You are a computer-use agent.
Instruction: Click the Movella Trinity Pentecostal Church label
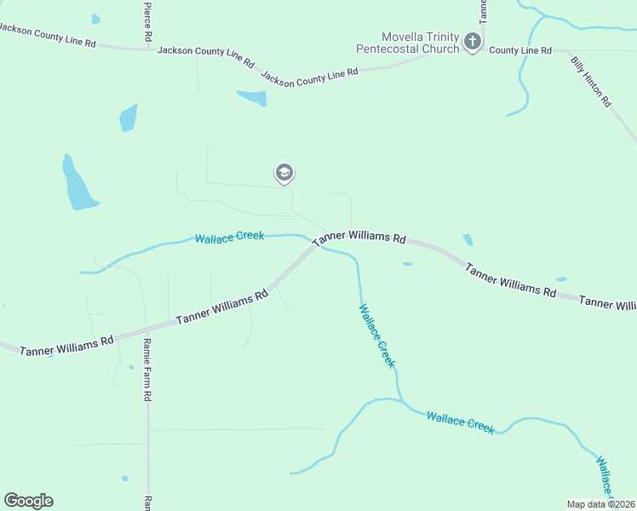pyautogui.click(x=420, y=43)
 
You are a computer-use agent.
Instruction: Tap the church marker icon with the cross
pyautogui.click(x=473, y=40)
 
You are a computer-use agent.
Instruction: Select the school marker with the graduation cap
pyautogui.click(x=284, y=174)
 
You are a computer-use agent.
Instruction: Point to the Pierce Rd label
pyautogui.click(x=147, y=22)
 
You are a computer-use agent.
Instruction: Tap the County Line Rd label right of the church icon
pyautogui.click(x=520, y=51)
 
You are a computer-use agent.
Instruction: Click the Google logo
pyautogui.click(x=28, y=501)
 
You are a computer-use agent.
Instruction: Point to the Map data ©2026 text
pyautogui.click(x=600, y=504)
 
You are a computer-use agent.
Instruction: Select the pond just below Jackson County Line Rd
pyautogui.click(x=253, y=98)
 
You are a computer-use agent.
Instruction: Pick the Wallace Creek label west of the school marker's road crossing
pyautogui.click(x=229, y=237)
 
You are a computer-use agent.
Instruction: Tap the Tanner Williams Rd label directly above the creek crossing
pyautogui.click(x=359, y=239)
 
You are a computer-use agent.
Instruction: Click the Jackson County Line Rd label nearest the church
pyautogui.click(x=309, y=76)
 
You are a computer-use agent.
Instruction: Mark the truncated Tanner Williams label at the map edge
pyautogui.click(x=607, y=303)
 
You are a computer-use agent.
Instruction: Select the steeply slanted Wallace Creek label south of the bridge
pyautogui.click(x=376, y=336)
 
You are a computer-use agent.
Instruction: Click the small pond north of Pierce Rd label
pyautogui.click(x=95, y=19)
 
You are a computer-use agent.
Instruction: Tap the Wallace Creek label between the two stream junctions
pyautogui.click(x=460, y=422)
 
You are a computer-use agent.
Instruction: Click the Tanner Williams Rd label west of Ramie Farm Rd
pyautogui.click(x=66, y=345)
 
